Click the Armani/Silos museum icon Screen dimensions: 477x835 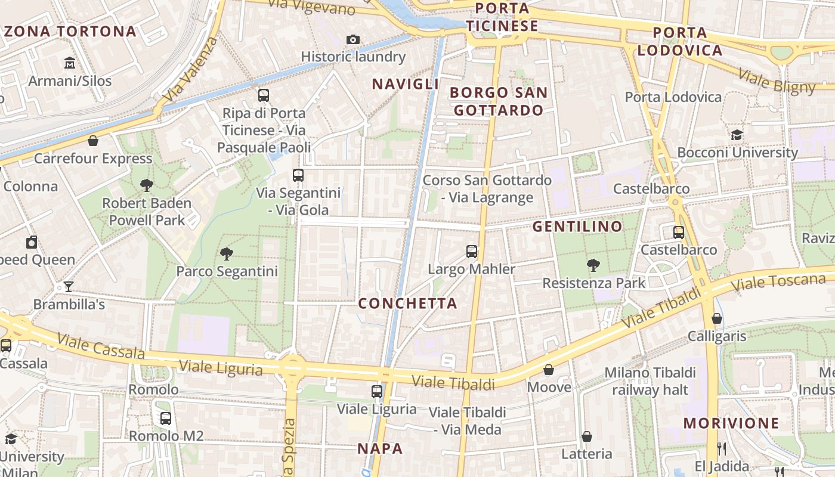70,63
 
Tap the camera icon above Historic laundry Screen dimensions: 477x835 353,40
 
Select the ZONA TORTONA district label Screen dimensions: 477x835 70,32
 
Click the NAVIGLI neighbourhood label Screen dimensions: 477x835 406,84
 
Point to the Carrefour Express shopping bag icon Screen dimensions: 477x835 93,141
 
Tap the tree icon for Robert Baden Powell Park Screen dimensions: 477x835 146,185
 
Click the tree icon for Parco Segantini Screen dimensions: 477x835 226,254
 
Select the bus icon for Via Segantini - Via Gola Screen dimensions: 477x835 298,175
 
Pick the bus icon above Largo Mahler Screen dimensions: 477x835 472,252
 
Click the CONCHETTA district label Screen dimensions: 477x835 407,303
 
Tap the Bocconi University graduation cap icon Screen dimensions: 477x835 737,135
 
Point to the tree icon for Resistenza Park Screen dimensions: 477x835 593,265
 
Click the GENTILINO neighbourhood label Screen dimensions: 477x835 577,227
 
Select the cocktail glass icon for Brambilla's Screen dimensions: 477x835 68,287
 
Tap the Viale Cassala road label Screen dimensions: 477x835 101,346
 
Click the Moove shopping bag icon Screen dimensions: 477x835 549,370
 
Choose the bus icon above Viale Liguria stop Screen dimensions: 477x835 377,391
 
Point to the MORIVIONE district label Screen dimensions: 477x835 731,423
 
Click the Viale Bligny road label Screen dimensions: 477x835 777,82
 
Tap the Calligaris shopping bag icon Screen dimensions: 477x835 717,318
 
